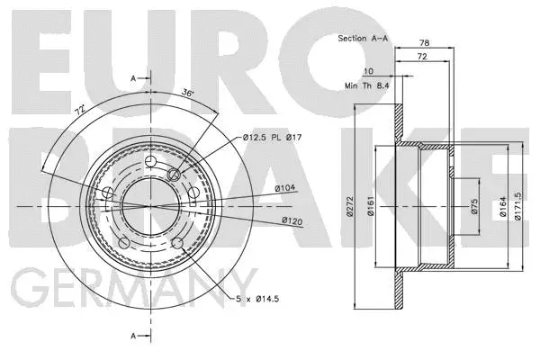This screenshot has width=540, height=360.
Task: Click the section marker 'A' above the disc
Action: pos(132,78)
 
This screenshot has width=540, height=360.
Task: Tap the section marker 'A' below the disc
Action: pos(132,336)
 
